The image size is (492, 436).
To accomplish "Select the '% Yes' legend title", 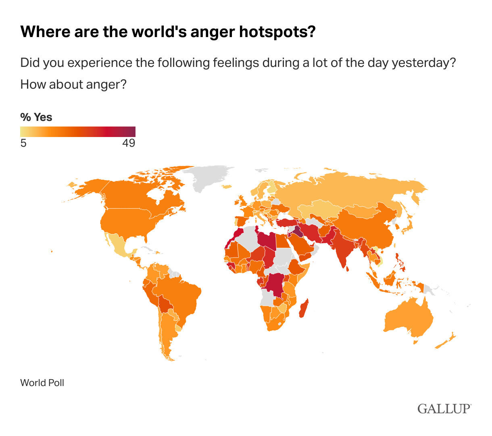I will coord(36,117).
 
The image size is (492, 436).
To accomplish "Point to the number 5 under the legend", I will coord(23,143).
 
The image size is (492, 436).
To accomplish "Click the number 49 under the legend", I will coord(129,143).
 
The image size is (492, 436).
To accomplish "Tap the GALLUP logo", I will coord(444,409).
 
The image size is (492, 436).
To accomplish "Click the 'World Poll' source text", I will coord(42,382).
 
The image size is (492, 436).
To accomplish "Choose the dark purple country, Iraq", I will coord(298,231).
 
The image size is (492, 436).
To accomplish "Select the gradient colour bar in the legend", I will coord(78,132).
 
